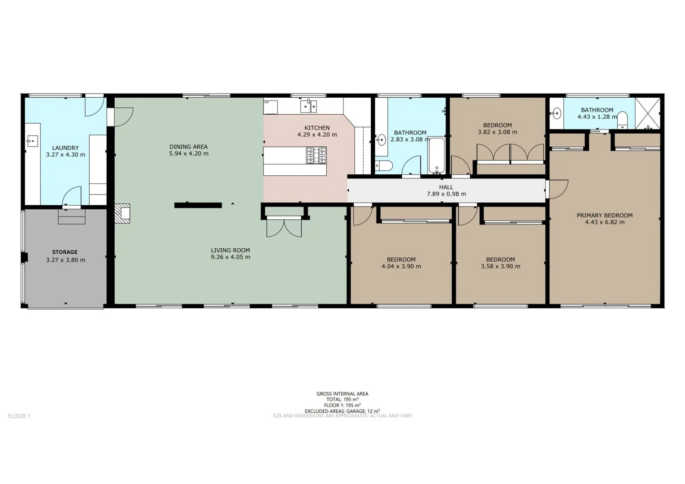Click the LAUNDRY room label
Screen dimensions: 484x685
[x=65, y=148]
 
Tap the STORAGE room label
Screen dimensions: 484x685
[x=65, y=252]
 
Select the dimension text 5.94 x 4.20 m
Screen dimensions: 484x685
[x=189, y=154]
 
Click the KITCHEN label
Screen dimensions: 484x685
[x=317, y=128]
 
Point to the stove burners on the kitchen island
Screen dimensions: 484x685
[x=316, y=156]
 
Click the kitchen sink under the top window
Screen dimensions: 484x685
[x=308, y=106]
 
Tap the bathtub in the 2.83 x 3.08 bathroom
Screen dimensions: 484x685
[x=437, y=156]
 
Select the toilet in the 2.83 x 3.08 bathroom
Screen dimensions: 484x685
[x=384, y=166]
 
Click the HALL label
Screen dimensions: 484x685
[x=446, y=187]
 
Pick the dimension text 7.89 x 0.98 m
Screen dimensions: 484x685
[x=446, y=194]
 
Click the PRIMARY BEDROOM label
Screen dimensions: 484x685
[x=605, y=216]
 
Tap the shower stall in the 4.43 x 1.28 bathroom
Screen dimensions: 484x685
[x=648, y=114]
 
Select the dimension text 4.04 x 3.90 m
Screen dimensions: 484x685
[x=401, y=267]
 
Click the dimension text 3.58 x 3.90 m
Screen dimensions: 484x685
[x=500, y=267]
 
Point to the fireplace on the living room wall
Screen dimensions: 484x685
[x=122, y=214]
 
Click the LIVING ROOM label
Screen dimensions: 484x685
[x=230, y=251]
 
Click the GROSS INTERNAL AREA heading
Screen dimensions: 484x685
[x=342, y=394]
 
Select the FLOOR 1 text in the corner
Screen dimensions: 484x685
[x=19, y=416]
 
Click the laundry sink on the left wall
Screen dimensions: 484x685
[x=32, y=141]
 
